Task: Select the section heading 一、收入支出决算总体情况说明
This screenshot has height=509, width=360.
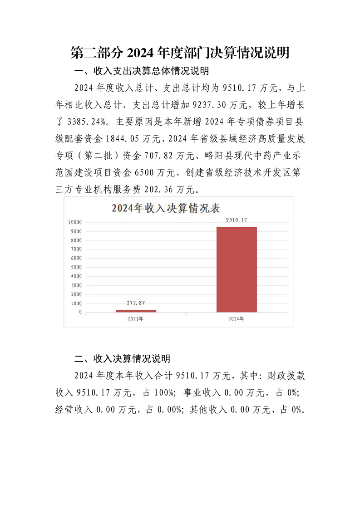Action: [141, 71]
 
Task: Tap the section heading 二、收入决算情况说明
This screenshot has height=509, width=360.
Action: [122, 359]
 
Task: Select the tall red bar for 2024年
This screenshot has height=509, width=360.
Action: [237, 269]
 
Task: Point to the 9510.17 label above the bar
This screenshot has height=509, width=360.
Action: [237, 220]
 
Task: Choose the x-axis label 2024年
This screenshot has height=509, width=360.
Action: [237, 319]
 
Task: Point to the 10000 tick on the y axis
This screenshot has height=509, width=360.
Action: [75, 222]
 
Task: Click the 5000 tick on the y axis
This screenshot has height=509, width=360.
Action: [77, 267]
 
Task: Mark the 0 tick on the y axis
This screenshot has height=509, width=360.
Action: [80, 312]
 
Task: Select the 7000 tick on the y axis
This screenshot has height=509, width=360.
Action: [77, 249]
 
